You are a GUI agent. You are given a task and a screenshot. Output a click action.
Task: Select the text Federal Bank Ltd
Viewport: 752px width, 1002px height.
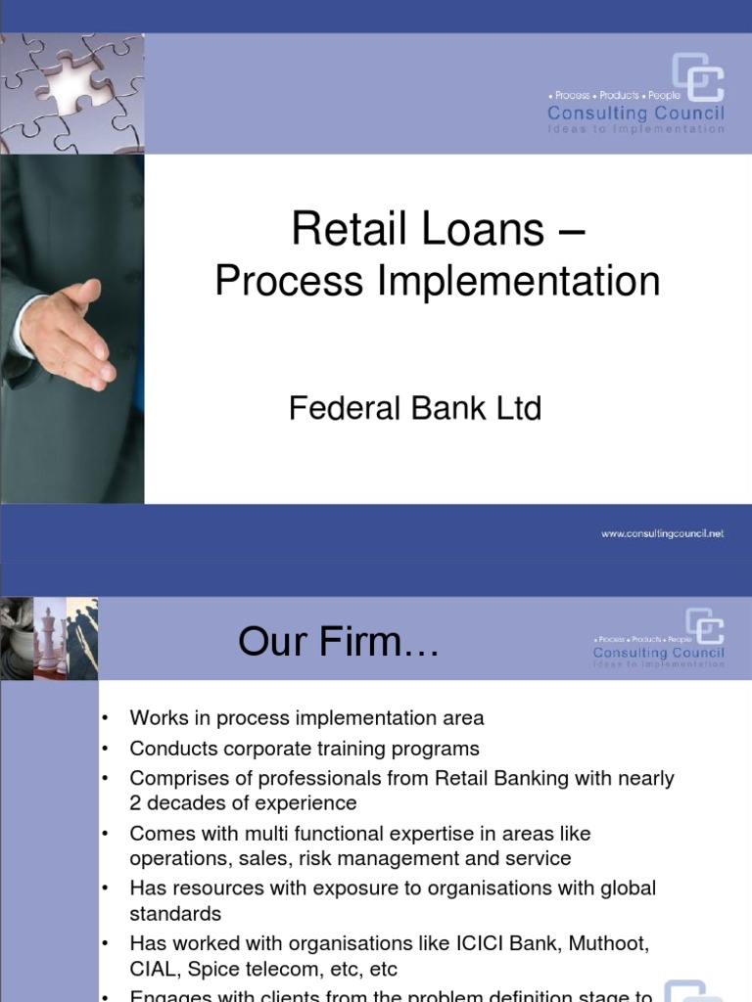click(x=415, y=408)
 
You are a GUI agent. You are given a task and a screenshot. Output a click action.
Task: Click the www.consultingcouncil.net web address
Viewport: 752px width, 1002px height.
click(x=662, y=534)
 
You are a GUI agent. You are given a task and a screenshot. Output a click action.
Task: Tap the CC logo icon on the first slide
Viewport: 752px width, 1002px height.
click(x=697, y=78)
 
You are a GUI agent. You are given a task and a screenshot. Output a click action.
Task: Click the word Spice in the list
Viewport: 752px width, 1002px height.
click(x=219, y=969)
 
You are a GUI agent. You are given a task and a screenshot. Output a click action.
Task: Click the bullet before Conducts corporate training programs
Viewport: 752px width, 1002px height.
click(x=105, y=749)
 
